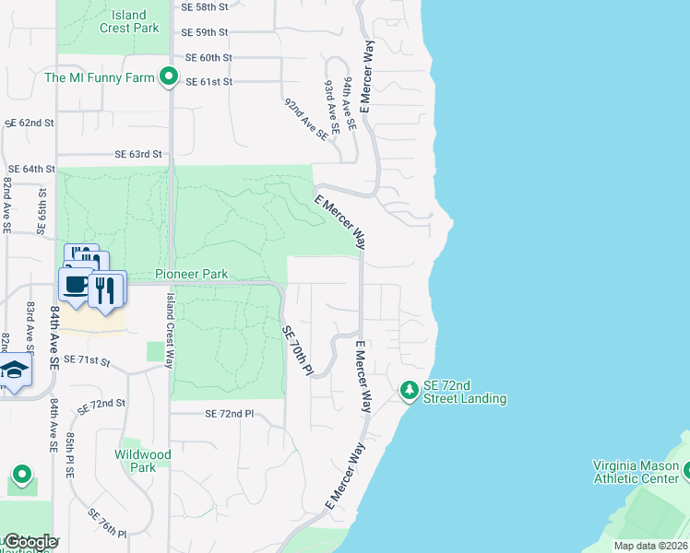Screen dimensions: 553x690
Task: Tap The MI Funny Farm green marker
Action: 168,77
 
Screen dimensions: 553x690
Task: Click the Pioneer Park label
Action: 191,274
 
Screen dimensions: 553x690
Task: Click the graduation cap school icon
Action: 14,371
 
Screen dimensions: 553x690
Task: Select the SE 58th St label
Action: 207,6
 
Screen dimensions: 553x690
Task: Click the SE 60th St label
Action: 208,57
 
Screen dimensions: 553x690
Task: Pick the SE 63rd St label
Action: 138,154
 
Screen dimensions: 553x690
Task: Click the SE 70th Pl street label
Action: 298,350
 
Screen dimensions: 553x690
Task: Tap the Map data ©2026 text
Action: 649,546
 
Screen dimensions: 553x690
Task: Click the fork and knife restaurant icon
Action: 107,289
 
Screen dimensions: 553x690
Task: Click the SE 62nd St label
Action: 30,123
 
